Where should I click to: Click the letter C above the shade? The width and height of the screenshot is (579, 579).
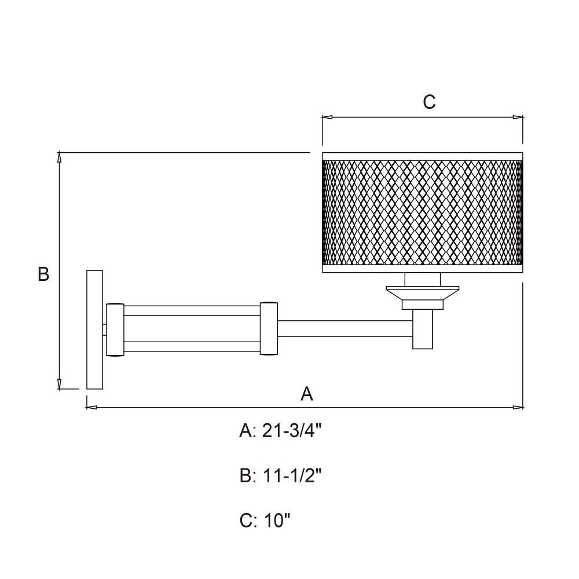pos(429,101)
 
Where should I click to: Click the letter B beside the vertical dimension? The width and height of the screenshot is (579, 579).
pos(43,274)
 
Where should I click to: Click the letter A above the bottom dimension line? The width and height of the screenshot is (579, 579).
pos(306,394)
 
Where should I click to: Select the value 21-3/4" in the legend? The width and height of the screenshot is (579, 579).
pos(292,431)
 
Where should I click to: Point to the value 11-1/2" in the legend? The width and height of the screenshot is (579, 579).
pos(292,475)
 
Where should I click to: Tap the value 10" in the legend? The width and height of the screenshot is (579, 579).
pos(277,521)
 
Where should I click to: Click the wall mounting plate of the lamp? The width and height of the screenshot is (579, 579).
pos(94,329)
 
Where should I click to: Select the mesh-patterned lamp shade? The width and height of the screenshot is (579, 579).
pos(423,212)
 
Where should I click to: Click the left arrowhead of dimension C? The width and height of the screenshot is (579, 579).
pos(327,118)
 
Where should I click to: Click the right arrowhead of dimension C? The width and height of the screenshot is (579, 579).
pos(518,118)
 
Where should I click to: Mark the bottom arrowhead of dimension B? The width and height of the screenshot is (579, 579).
pos(59,384)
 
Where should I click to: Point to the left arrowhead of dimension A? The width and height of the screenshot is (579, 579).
pos(91,407)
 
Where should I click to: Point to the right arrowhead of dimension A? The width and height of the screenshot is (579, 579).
pos(518,407)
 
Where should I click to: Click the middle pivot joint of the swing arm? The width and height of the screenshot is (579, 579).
pos(269,328)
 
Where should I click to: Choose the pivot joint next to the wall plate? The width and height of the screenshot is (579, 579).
pos(115,329)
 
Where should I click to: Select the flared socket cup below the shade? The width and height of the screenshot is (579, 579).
pos(423,297)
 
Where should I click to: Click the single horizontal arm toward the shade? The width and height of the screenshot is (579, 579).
pos(345,329)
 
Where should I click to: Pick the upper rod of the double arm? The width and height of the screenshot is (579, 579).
pos(192,310)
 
